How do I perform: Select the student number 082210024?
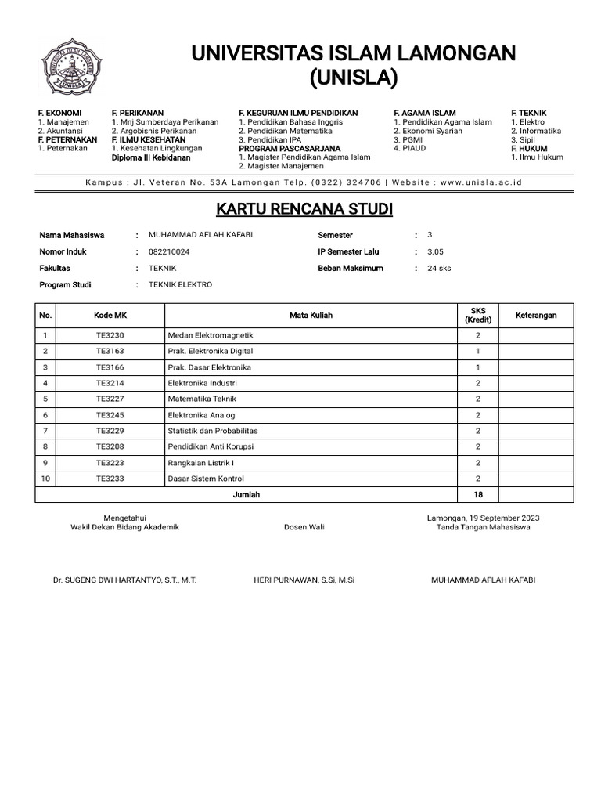click(168, 252)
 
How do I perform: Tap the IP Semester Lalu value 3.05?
click(435, 252)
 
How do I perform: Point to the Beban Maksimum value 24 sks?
click(439, 269)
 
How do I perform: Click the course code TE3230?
click(110, 335)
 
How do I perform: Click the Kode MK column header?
click(110, 315)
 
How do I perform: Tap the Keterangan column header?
click(536, 315)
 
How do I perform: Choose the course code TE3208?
click(110, 446)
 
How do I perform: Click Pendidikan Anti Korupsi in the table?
click(211, 446)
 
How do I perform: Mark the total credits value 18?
click(478, 494)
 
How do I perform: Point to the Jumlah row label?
click(247, 494)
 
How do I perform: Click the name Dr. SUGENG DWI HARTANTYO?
click(124, 580)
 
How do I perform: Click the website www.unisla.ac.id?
click(481, 182)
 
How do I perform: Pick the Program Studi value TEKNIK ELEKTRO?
click(180, 285)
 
